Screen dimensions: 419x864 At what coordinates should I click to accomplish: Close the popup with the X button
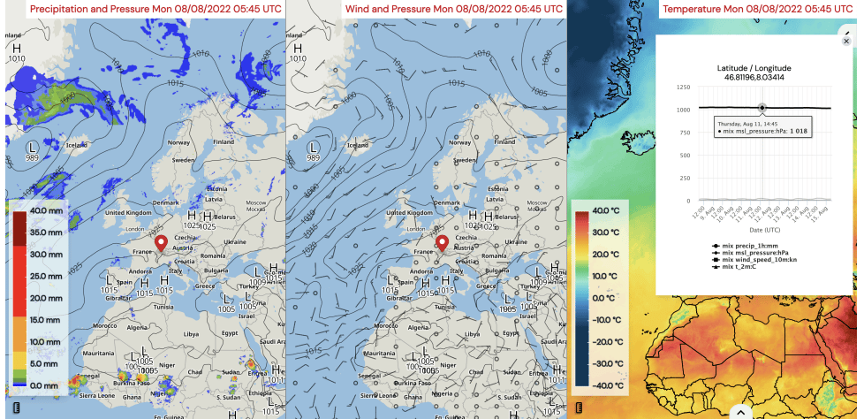coord(846,42)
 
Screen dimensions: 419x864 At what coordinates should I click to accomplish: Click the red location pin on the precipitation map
coord(161,242)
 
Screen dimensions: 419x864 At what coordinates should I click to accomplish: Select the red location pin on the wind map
coord(443,242)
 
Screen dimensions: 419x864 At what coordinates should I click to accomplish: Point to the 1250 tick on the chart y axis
coord(681,88)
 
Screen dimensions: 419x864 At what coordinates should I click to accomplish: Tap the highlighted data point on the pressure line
coord(762,108)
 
